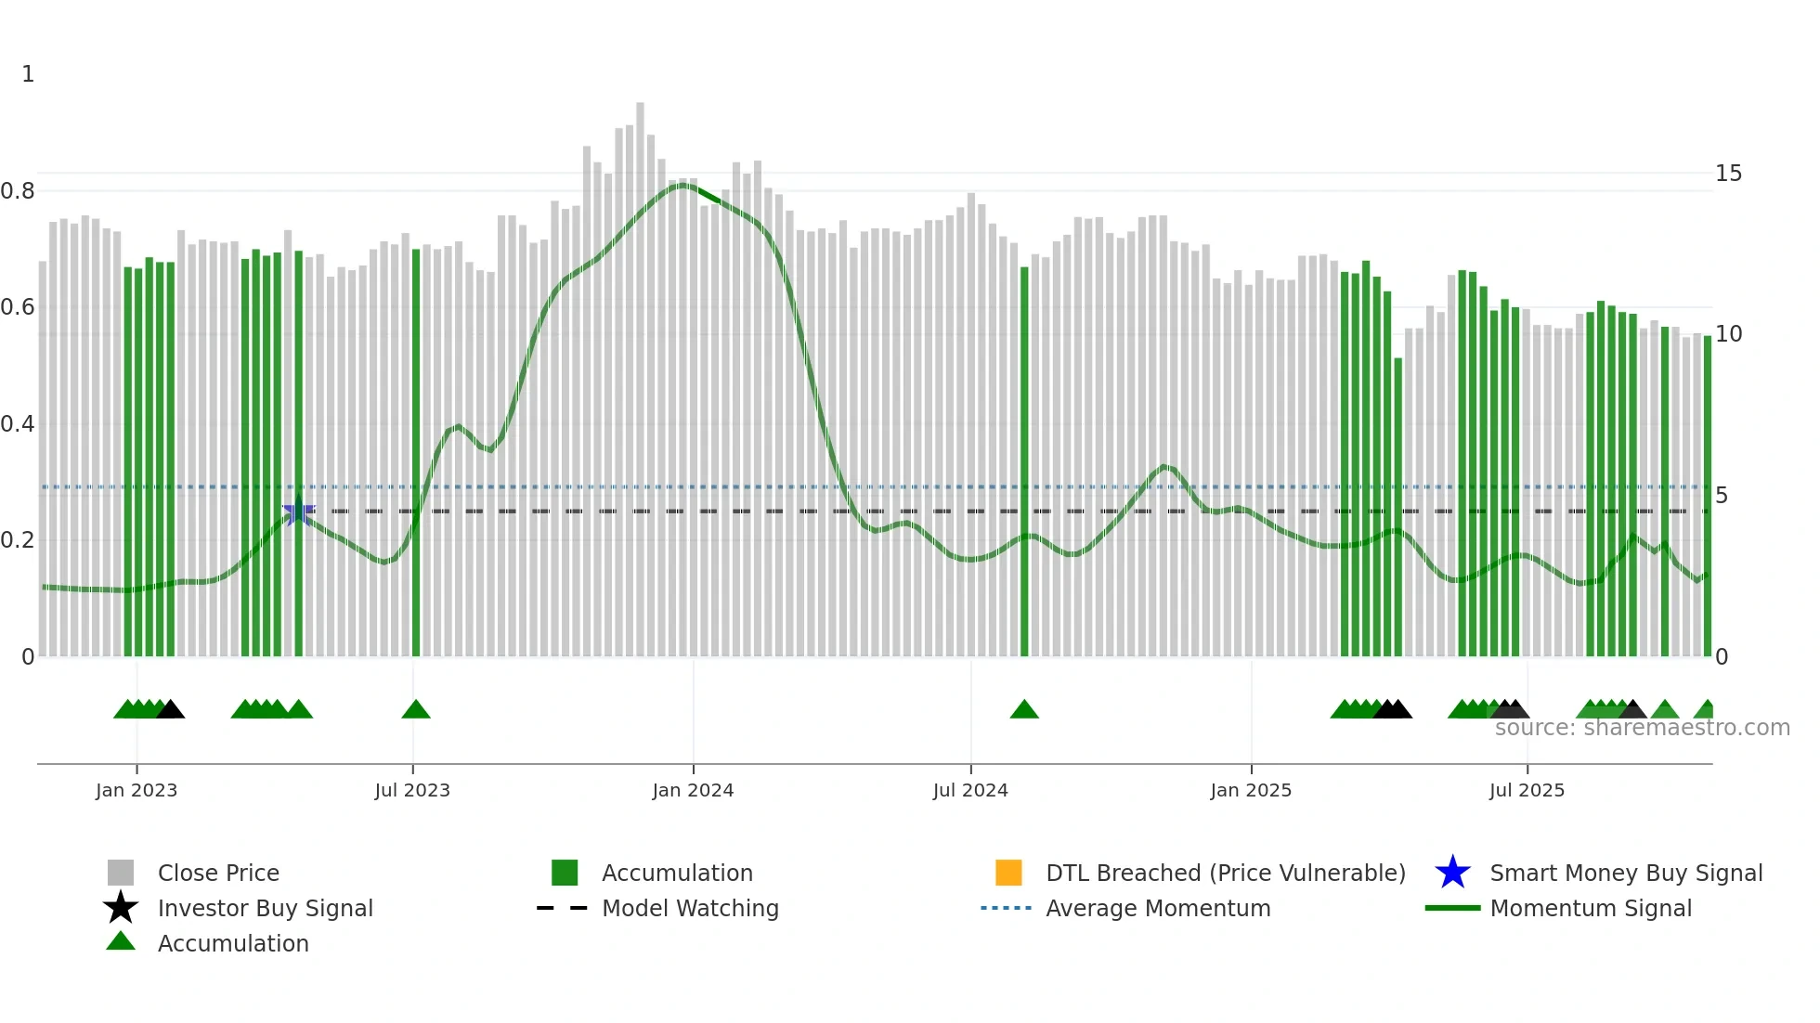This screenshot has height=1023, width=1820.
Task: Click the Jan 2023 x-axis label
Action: pyautogui.click(x=136, y=790)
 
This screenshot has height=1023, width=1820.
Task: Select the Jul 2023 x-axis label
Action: pyautogui.click(x=412, y=790)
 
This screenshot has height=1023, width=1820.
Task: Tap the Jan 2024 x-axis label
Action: pyautogui.click(x=693, y=790)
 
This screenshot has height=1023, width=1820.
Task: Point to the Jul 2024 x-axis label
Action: pyautogui.click(x=970, y=790)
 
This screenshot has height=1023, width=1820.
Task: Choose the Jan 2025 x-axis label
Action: pyautogui.click(x=1251, y=790)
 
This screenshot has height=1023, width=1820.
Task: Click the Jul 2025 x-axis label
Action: pyautogui.click(x=1527, y=790)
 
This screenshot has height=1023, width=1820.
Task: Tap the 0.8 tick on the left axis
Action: pyautogui.click(x=19, y=191)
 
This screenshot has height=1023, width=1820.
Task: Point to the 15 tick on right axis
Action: pyautogui.click(x=1728, y=174)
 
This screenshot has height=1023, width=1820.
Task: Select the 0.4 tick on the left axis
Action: pyautogui.click(x=19, y=424)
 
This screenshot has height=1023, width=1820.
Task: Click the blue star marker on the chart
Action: pyautogui.click(x=298, y=511)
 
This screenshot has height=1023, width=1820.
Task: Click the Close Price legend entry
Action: pyautogui.click(x=218, y=873)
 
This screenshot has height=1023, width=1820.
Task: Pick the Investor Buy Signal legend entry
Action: pyautogui.click(x=265, y=908)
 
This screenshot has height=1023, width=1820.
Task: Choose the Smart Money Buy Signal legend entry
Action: pyautogui.click(x=1625, y=873)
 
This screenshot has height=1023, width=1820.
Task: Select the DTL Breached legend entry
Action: pyautogui.click(x=1225, y=873)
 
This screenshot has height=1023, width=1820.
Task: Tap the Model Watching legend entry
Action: pyautogui.click(x=689, y=908)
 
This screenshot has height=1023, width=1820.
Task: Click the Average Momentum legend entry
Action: pyautogui.click(x=1157, y=908)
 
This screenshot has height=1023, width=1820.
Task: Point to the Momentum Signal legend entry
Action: pyautogui.click(x=1590, y=908)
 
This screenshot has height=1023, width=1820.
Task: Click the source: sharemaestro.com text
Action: pyautogui.click(x=1642, y=728)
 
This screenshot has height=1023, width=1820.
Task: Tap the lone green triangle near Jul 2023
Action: pyautogui.click(x=416, y=710)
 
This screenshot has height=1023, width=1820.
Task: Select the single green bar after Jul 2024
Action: pyautogui.click(x=1024, y=461)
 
